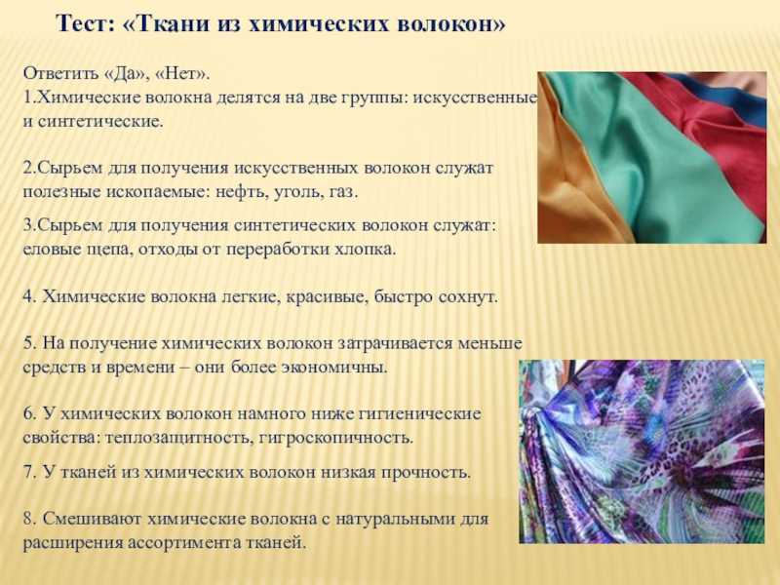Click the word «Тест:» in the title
click(x=86, y=23)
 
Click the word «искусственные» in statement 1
click(x=475, y=97)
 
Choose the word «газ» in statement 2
click(x=342, y=192)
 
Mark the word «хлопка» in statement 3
click(x=365, y=249)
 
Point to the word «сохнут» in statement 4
click(x=468, y=297)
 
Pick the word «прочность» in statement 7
click(x=426, y=472)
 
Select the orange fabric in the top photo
click(x=572, y=189)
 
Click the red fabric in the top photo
click(x=717, y=130)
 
